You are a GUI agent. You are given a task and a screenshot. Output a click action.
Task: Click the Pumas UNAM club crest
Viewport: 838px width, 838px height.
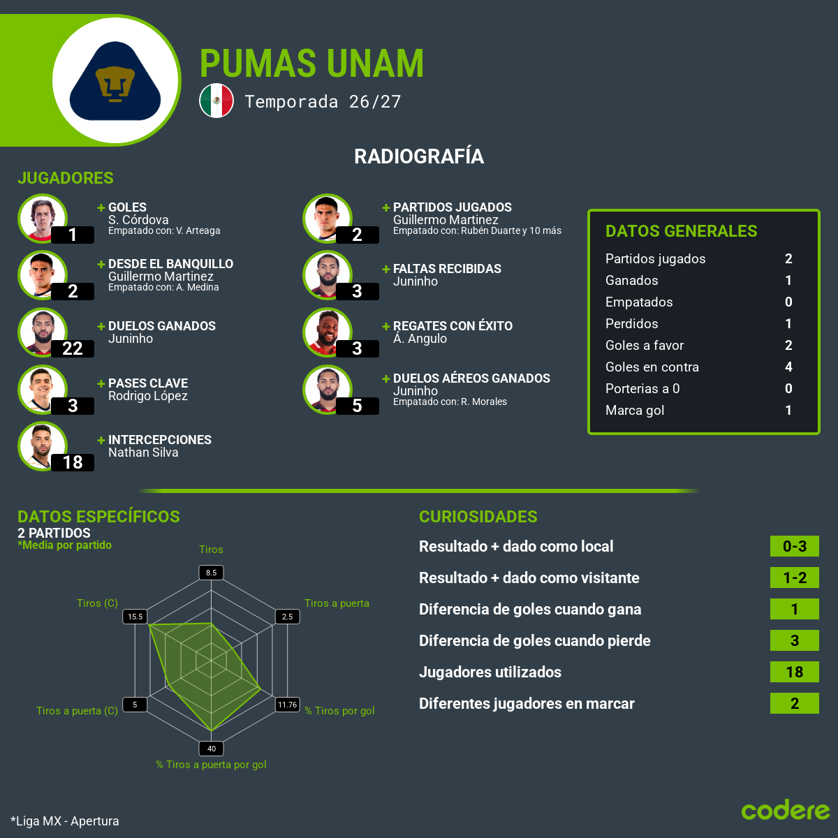[115, 81]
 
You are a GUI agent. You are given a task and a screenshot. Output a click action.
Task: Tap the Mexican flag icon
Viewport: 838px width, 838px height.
[216, 101]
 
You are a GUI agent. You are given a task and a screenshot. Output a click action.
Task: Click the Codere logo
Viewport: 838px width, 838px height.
[786, 810]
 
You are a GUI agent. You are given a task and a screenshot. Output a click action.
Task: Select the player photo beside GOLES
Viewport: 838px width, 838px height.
[43, 219]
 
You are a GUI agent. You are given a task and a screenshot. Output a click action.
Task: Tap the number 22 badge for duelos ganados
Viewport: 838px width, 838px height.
[72, 348]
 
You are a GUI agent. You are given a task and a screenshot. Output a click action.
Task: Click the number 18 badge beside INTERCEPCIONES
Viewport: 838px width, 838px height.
[72, 462]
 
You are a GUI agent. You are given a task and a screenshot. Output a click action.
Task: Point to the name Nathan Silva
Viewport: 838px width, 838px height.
[143, 453]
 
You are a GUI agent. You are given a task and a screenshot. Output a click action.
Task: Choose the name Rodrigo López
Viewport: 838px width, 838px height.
[148, 396]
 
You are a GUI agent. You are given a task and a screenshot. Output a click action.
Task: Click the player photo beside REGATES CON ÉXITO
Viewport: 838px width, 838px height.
[328, 332]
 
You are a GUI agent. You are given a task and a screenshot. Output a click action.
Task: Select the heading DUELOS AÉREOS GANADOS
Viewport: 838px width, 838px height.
[471, 378]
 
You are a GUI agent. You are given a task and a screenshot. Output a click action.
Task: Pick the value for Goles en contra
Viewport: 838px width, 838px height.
[788, 367]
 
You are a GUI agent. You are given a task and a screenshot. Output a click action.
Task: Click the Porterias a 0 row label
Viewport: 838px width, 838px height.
[642, 388]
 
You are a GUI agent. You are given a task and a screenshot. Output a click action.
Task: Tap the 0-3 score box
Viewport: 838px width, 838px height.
[795, 546]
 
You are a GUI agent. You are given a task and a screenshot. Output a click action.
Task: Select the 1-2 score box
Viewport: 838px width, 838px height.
[795, 578]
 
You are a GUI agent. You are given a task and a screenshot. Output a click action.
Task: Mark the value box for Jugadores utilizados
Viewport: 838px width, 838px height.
[795, 672]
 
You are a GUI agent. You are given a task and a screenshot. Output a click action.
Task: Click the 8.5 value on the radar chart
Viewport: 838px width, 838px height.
[211, 573]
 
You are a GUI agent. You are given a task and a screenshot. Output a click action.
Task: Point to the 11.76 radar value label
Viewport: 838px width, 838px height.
[288, 705]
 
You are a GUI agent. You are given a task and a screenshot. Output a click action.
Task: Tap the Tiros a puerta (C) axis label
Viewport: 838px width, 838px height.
[77, 711]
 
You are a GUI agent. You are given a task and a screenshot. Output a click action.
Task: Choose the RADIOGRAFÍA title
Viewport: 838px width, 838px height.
[419, 156]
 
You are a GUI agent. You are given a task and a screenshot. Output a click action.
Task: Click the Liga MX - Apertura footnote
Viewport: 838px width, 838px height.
[65, 821]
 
